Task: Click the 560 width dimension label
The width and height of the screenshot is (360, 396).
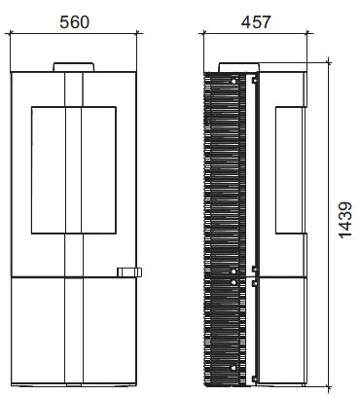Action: tap(74, 22)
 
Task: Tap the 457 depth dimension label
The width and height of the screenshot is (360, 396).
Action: tap(256, 22)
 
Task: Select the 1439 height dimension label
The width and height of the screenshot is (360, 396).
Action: tap(345, 221)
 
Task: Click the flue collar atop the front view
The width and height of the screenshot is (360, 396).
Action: tap(74, 67)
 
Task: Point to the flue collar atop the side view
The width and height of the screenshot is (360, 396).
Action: tap(239, 67)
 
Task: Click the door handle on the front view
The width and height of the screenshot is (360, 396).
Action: tap(129, 272)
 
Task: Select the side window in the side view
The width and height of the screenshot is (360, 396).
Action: tap(289, 170)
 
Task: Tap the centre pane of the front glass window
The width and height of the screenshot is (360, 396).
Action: tap(74, 170)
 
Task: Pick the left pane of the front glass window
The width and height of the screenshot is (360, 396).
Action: tap(49, 170)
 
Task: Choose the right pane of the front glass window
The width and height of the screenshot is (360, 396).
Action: tap(98, 170)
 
